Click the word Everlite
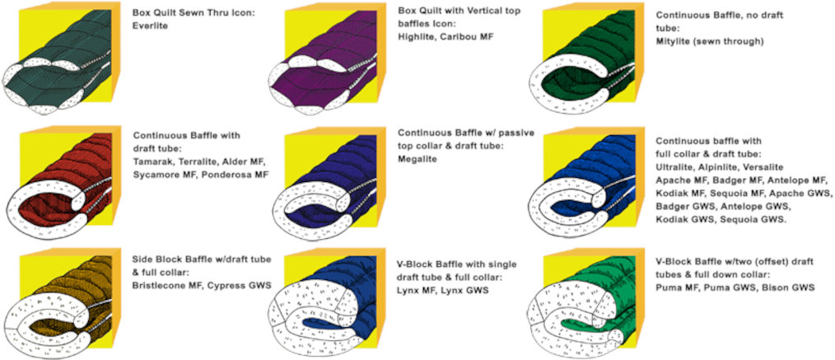tap(150, 26)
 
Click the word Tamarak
tap(155, 161)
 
